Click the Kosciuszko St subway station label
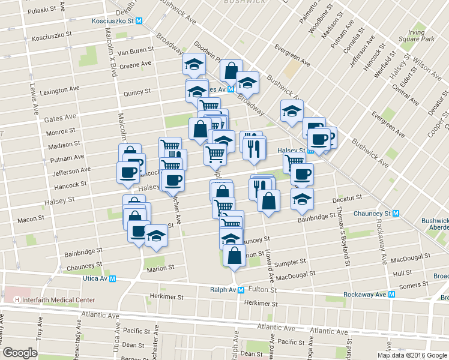coord(113,20)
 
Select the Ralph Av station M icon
coord(241,289)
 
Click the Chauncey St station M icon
coord(396,213)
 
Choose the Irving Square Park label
coord(421,35)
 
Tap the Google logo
coord(20,353)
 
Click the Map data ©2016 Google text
coord(411,355)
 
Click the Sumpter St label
coord(293,262)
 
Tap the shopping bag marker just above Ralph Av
coord(234,254)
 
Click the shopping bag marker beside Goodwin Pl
coord(231,70)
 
